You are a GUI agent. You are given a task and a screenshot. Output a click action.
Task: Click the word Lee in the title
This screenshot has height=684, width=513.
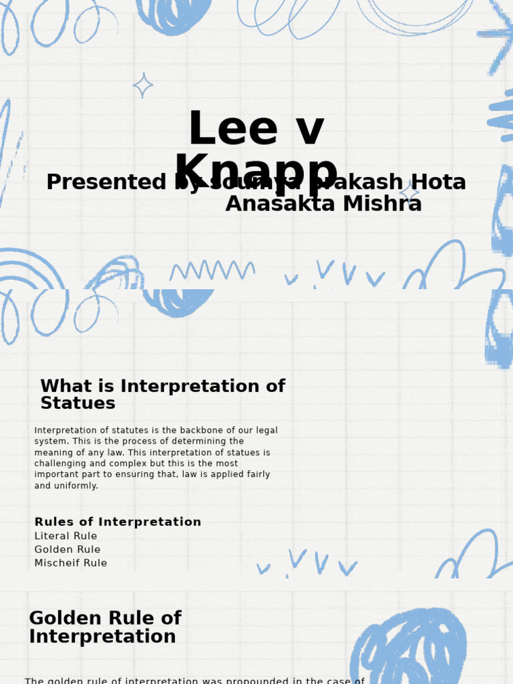click(x=222, y=130)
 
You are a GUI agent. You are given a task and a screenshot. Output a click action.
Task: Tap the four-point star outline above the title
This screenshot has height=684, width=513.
click(x=143, y=85)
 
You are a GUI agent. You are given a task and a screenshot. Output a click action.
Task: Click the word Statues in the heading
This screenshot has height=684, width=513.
click(x=77, y=403)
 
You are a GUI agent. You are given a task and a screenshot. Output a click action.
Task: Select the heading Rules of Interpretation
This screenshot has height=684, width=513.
click(x=118, y=522)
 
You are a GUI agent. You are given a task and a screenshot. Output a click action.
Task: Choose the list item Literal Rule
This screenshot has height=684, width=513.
click(x=65, y=536)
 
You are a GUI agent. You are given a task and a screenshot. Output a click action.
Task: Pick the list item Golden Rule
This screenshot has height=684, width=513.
click(x=67, y=550)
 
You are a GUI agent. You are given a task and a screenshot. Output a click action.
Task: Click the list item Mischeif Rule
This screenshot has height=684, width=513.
click(x=70, y=563)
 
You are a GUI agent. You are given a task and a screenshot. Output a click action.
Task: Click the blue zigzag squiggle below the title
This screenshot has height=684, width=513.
click(x=212, y=271)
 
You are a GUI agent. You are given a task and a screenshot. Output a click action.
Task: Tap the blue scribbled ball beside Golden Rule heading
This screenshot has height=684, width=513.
click(x=409, y=648)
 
